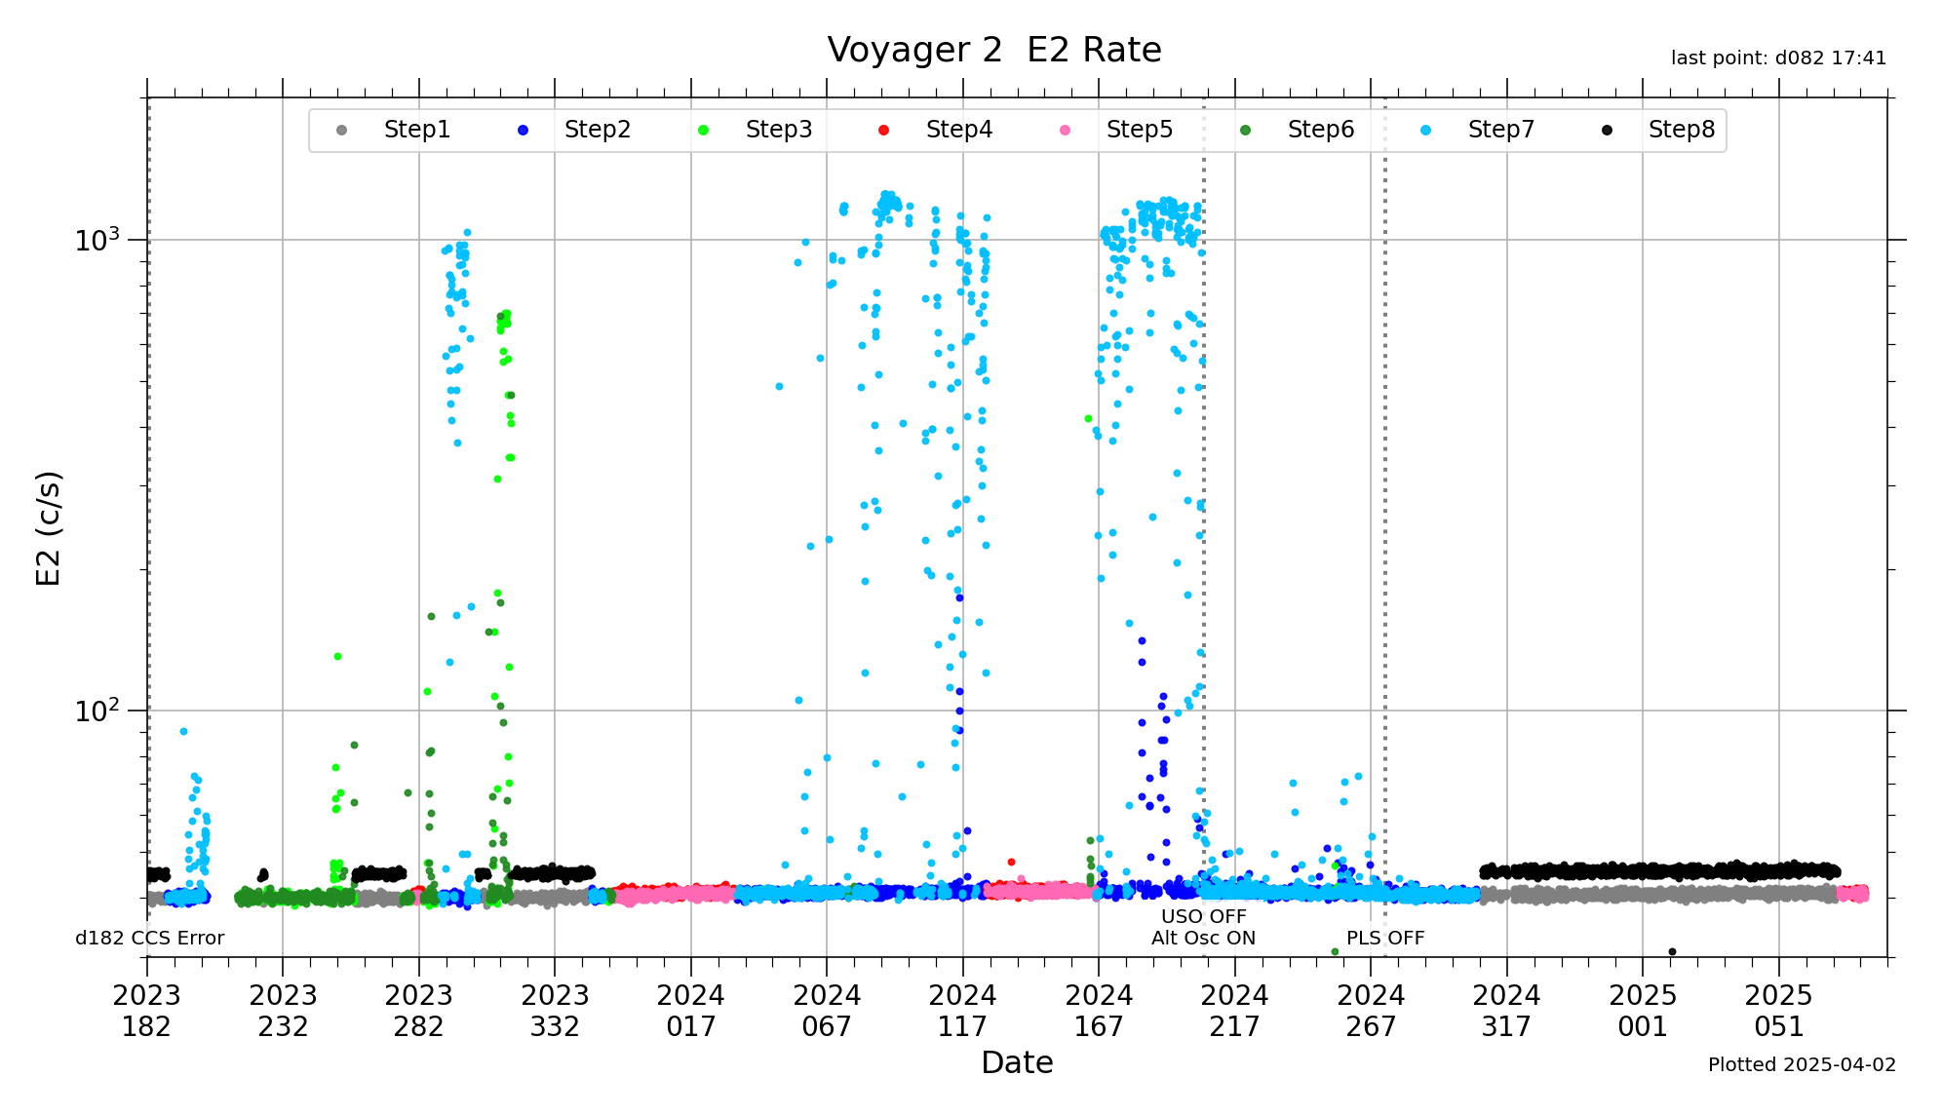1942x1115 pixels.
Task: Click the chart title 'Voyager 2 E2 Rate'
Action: click(993, 50)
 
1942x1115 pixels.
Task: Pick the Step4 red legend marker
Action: click(883, 131)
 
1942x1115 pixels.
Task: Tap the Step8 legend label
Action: click(1681, 130)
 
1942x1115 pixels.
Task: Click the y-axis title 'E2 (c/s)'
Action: click(48, 527)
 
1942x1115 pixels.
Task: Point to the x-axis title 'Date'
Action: click(1017, 1062)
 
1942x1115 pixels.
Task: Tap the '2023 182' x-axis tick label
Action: click(147, 1011)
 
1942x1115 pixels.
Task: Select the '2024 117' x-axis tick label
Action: click(962, 1011)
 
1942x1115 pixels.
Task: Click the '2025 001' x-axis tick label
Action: click(1643, 1011)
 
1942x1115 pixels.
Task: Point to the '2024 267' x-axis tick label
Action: click(1371, 1011)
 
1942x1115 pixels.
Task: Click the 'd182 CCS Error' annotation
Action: click(150, 938)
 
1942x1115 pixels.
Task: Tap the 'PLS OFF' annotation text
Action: click(1385, 938)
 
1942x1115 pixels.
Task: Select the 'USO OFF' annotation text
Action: click(1203, 916)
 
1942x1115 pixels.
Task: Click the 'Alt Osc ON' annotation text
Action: click(1203, 938)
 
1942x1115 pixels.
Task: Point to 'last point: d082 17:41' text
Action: click(1778, 58)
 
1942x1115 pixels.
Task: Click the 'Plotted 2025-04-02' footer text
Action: click(1802, 1064)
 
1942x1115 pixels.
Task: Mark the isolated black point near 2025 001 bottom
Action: click(1672, 951)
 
